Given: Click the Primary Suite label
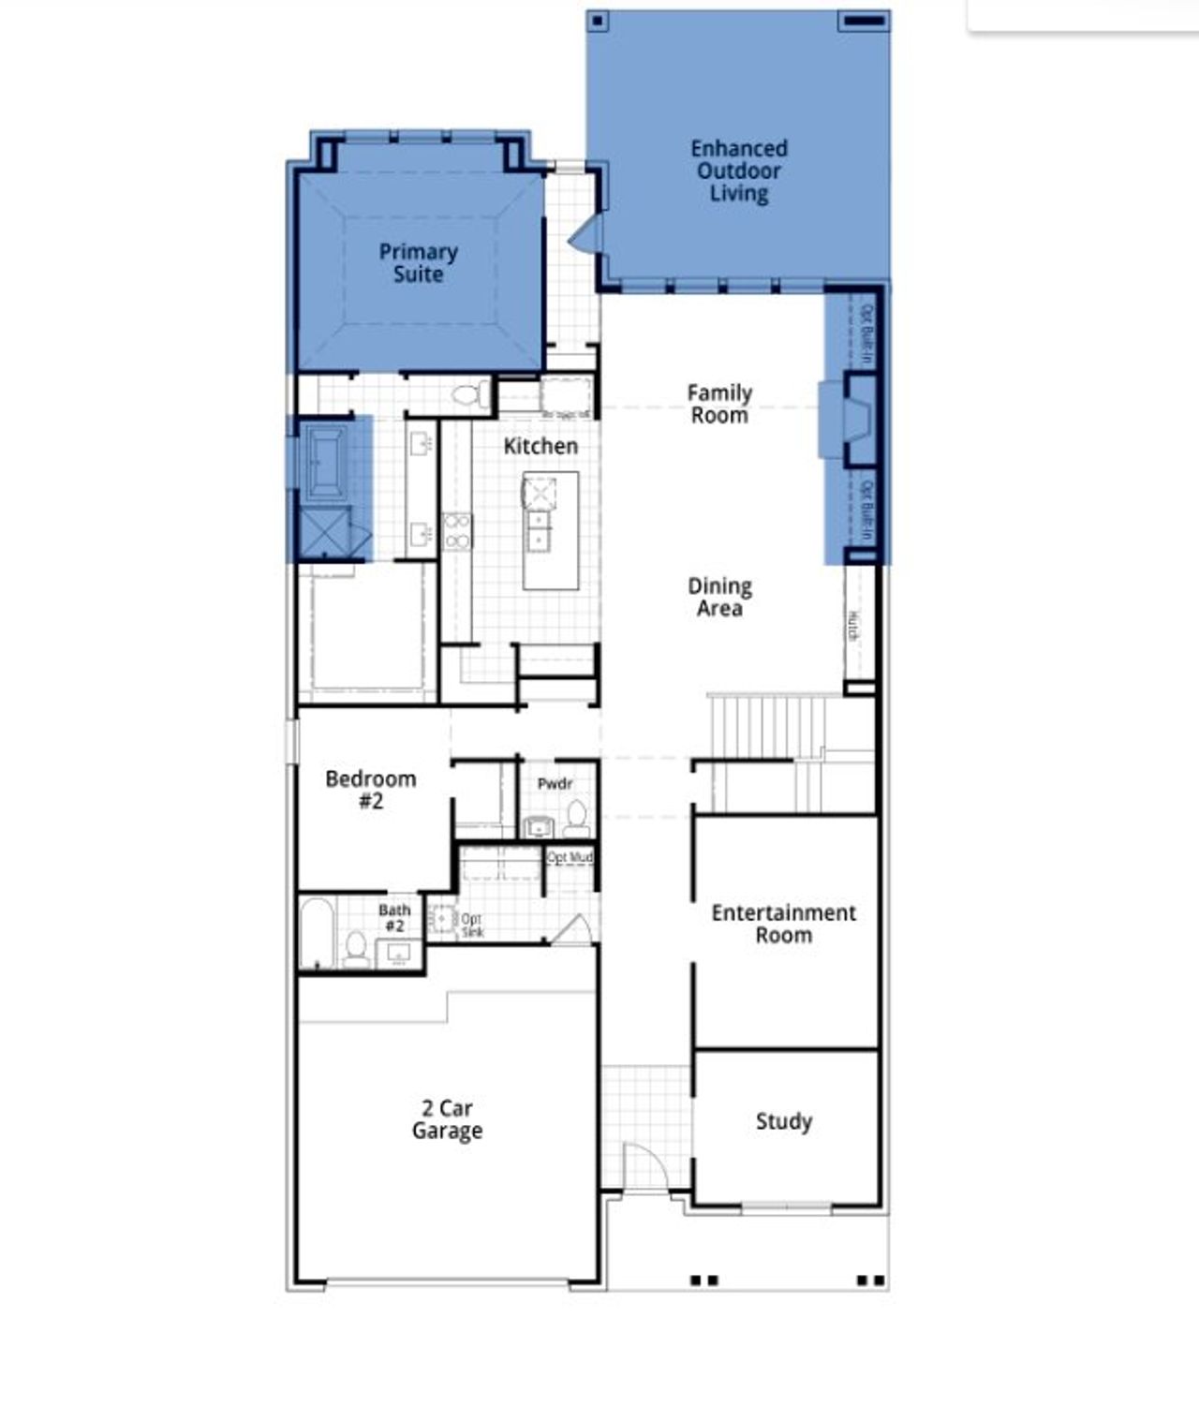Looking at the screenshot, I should point(418,263).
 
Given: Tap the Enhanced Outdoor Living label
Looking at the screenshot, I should point(738,170).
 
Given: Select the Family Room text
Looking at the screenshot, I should point(718,404).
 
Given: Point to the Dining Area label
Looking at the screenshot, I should point(719,597).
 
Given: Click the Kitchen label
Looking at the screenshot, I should point(540,446).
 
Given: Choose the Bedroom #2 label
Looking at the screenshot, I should point(370,789).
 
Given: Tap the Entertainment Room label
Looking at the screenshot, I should point(783,924).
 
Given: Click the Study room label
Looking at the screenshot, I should point(783,1121).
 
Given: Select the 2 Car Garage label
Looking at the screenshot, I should point(447,1119).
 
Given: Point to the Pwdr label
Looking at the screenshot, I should point(555,783).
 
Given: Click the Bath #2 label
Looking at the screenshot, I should point(394,917).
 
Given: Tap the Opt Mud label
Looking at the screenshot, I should point(570,857).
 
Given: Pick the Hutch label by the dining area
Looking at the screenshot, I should point(854,625).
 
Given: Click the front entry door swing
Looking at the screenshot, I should point(643,1167).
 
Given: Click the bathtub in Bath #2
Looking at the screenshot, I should point(317,933).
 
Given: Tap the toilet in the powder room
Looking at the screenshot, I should point(576,820).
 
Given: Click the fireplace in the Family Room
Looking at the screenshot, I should point(857,420).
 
